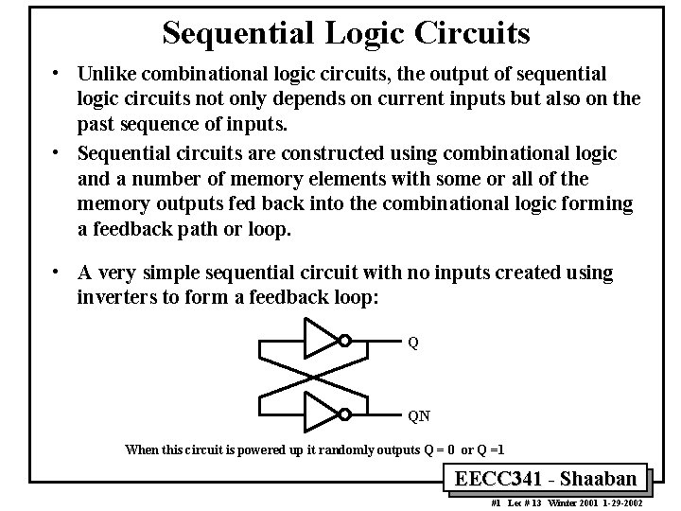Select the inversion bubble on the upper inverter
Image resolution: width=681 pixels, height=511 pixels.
[x=345, y=341]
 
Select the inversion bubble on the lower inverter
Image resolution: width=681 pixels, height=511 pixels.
[x=345, y=414]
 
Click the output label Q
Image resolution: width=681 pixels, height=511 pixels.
[x=413, y=342]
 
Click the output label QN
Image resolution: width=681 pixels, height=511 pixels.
[x=418, y=414]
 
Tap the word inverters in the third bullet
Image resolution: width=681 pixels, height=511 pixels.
[x=116, y=297]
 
